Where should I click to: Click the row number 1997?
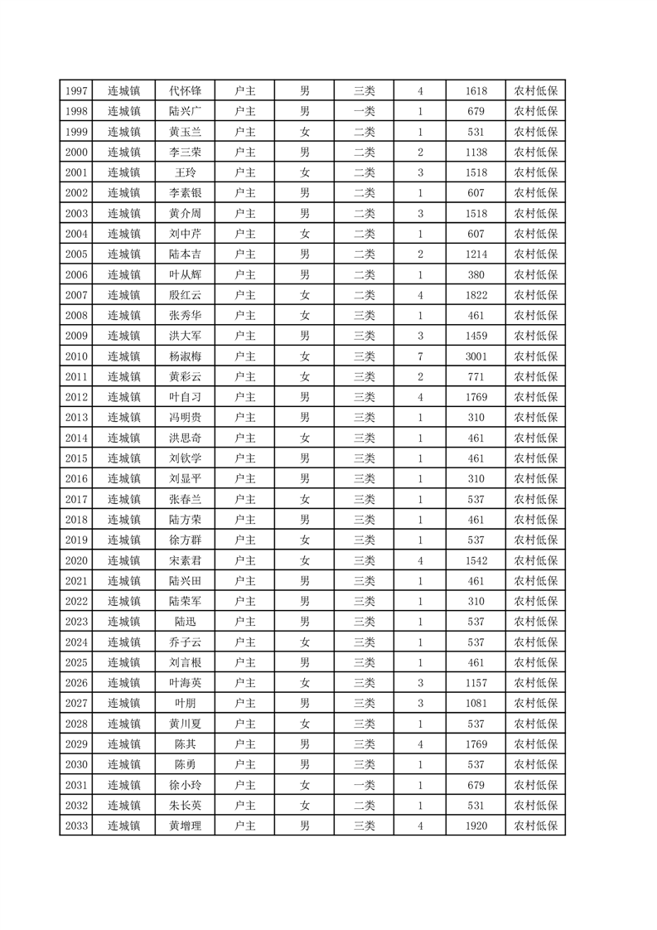click(x=76, y=90)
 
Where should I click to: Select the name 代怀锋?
click(x=185, y=90)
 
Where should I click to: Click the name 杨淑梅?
click(x=185, y=356)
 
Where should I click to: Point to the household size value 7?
click(x=420, y=356)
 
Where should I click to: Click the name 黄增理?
click(x=185, y=826)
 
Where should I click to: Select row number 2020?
click(x=76, y=560)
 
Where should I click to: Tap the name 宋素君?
click(x=185, y=560)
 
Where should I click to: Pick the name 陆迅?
click(x=185, y=622)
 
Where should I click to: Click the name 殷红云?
click(x=185, y=295)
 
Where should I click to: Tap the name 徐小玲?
click(x=185, y=785)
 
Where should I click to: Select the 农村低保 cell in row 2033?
click(x=535, y=826)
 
